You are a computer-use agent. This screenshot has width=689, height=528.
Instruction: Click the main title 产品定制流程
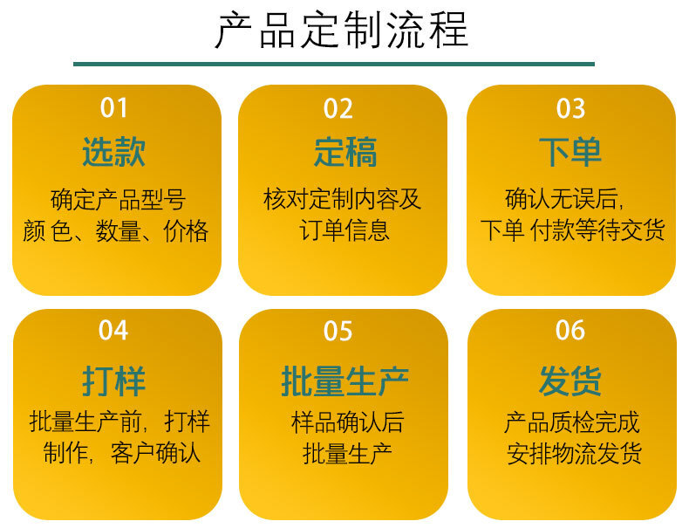341,30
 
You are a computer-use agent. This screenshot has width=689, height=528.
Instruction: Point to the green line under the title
334,65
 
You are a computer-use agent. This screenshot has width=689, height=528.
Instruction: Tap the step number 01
113,108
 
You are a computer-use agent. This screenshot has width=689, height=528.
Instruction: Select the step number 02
338,108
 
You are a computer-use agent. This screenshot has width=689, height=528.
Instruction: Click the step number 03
570,108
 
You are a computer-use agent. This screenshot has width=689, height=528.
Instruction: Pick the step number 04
113,331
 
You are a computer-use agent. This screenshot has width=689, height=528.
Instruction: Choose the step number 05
338,331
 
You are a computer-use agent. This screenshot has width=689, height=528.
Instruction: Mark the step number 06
570,330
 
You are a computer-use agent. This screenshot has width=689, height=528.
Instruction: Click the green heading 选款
113,152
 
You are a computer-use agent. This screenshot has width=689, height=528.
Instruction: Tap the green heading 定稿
345,152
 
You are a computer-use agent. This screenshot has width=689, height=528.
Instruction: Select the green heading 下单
570,152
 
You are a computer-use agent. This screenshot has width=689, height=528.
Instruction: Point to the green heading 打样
113,381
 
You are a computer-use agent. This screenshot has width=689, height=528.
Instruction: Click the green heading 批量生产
345,381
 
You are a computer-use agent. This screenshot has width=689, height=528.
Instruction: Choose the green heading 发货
570,381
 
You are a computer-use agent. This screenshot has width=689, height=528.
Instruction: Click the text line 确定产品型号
119,200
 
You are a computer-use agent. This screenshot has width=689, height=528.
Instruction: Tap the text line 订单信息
344,230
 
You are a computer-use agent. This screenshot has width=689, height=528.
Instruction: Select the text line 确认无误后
564,199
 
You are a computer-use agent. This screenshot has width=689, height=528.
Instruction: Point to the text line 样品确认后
347,422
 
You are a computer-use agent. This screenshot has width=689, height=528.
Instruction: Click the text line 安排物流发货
574,454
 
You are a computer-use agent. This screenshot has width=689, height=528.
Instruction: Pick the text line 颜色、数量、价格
116,231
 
